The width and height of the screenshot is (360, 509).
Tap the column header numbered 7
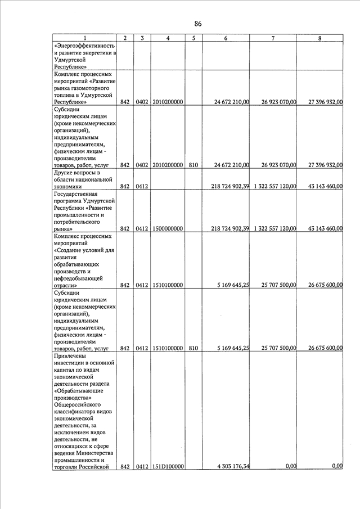[x=273, y=38]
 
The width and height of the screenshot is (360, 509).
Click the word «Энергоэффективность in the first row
[x=84, y=46]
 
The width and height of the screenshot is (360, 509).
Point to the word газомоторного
[x=84, y=88]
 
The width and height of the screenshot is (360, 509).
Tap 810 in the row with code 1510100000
[x=193, y=348]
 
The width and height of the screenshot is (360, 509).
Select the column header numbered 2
[x=125, y=38]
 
